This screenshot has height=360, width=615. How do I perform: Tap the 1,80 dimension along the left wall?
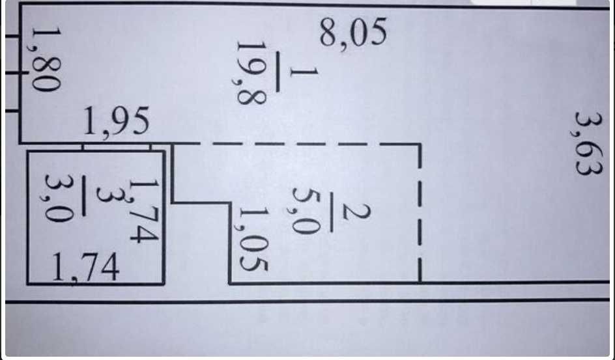tap(46, 59)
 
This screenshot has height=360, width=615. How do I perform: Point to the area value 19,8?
tap(251, 74)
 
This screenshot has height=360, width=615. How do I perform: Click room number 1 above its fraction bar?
tap(304, 72)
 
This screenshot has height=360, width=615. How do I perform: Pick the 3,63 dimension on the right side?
tap(588, 143)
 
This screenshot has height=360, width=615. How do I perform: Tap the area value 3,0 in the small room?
tap(59, 198)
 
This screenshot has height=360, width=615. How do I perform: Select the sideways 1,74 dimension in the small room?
tap(145, 211)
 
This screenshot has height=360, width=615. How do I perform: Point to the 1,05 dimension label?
tap(253, 239)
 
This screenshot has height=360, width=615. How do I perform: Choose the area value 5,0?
tap(306, 211)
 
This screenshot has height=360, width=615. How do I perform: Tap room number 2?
tap(356, 212)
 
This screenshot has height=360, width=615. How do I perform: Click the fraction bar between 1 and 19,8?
tap(278, 72)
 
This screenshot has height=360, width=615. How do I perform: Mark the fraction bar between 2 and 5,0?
tap(331, 212)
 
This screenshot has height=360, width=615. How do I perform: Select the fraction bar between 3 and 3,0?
tap(83, 195)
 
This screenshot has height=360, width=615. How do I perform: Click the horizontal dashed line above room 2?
tap(297, 144)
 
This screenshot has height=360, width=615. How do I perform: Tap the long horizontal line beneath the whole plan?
tap(307, 301)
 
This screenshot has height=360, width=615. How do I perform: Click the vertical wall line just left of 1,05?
tap(229, 242)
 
